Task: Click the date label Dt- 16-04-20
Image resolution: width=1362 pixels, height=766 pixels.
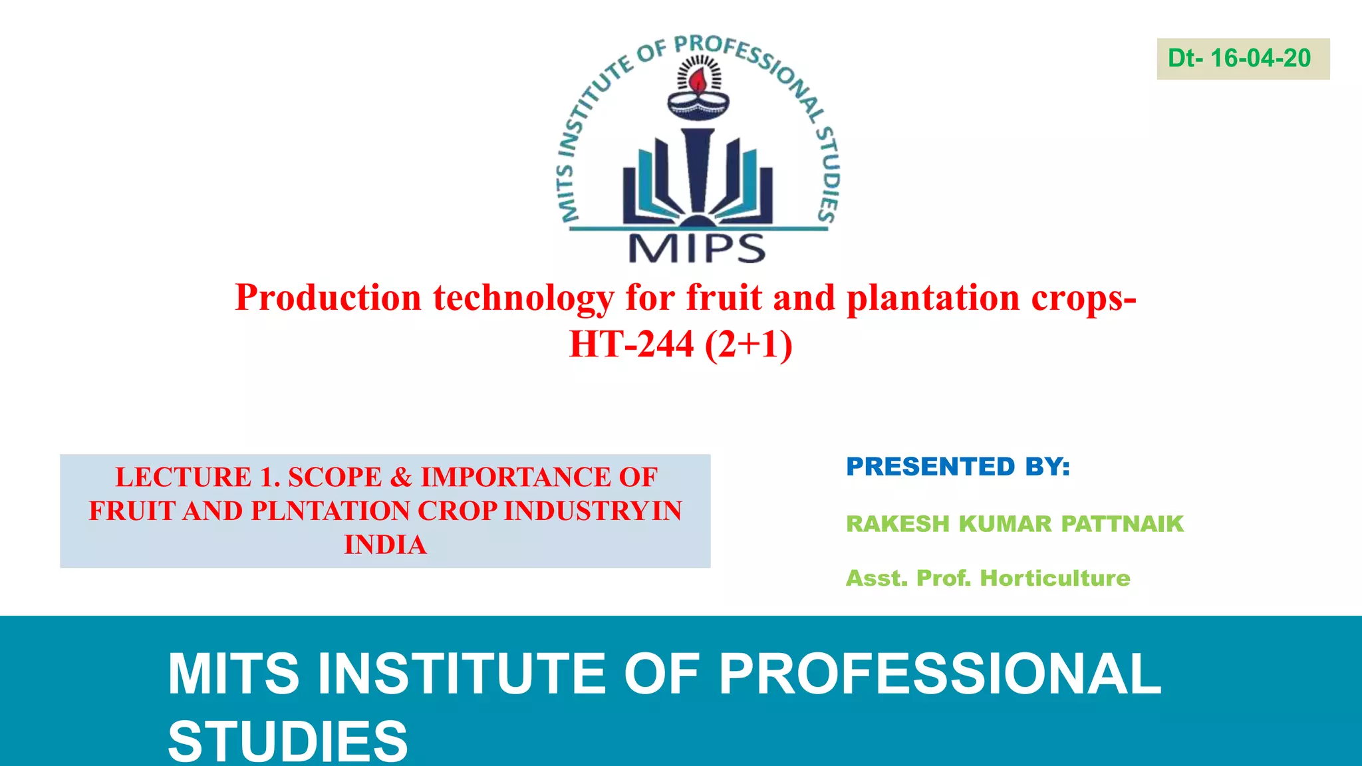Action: [x=1240, y=59]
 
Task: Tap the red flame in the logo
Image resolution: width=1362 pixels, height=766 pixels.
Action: [x=698, y=82]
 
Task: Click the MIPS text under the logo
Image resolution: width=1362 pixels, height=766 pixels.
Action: [x=697, y=249]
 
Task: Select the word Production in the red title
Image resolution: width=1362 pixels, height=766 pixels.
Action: [x=329, y=297]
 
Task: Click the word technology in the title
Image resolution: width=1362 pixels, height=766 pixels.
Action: [x=523, y=297]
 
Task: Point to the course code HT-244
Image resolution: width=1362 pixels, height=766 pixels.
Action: [x=631, y=344]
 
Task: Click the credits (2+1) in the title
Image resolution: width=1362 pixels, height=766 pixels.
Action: [x=749, y=344]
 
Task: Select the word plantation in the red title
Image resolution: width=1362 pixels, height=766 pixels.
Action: [x=933, y=297]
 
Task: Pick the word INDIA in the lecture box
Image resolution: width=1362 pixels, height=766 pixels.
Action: [x=385, y=545]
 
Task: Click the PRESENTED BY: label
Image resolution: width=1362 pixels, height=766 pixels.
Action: [x=958, y=467]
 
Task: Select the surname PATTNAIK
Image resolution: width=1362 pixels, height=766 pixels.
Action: [x=1122, y=524]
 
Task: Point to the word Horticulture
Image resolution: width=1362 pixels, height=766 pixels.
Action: [x=1055, y=578]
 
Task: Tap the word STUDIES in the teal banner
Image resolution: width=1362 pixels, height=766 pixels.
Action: [x=287, y=741]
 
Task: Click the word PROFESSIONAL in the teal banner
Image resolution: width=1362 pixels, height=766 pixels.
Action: [x=940, y=674]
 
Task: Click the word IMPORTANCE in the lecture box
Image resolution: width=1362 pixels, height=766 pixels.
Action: [x=515, y=477]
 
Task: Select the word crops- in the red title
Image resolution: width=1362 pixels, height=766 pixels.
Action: [x=1084, y=297]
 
